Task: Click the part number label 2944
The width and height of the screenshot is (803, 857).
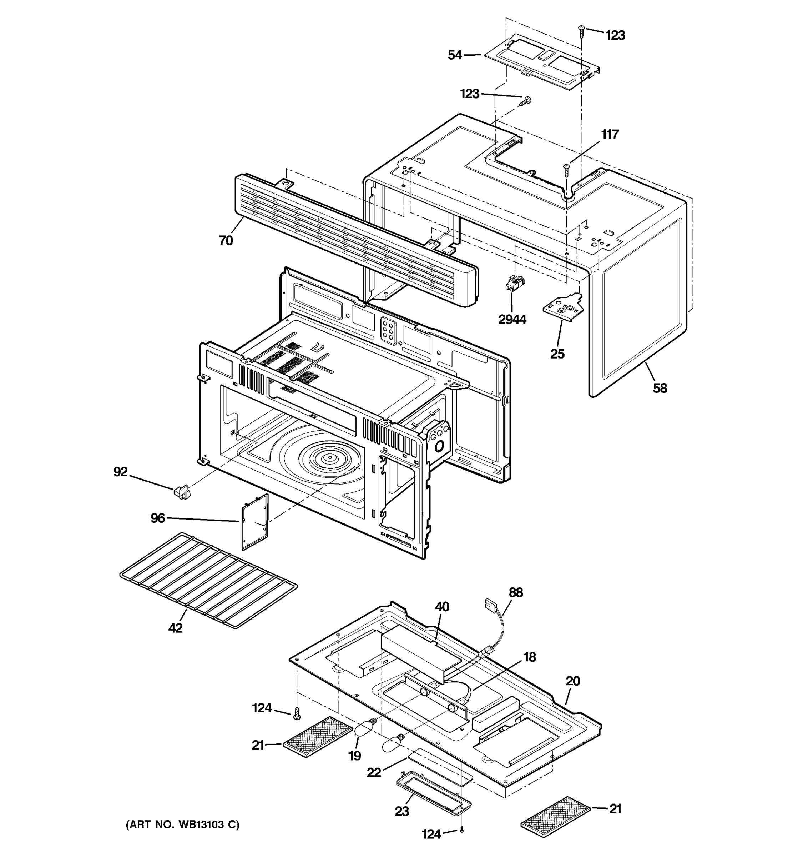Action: pyautogui.click(x=512, y=320)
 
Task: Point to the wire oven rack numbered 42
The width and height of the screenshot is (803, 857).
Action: pyautogui.click(x=208, y=580)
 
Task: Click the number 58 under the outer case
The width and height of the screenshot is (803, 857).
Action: pyautogui.click(x=660, y=389)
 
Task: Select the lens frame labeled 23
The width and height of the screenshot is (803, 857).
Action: pyautogui.click(x=433, y=791)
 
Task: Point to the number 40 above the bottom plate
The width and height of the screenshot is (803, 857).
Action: pyautogui.click(x=442, y=607)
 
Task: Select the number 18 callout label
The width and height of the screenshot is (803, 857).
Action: pyautogui.click(x=530, y=657)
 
